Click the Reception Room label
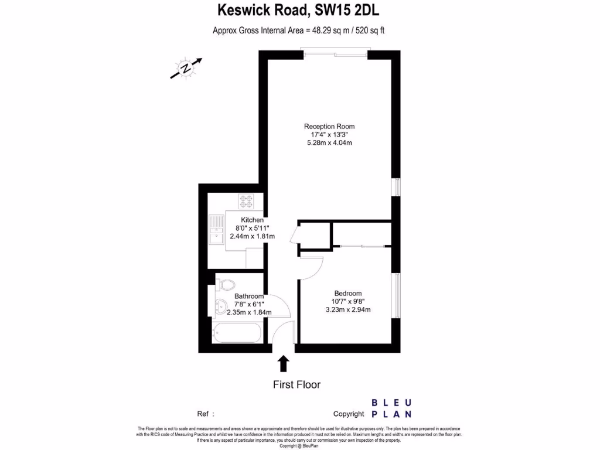tap(329, 126)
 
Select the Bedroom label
tap(347, 294)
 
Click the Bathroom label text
tap(249, 296)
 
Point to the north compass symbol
tap(186, 69)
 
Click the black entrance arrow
tap(284, 363)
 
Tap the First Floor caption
tap(296, 385)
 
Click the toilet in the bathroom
tap(226, 284)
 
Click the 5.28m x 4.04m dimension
tap(329, 143)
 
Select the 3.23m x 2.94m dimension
tap(348, 310)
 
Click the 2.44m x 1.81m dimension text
tap(253, 236)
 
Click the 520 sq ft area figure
tap(370, 30)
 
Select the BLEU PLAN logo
tap(391, 408)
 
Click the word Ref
tap(203, 414)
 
